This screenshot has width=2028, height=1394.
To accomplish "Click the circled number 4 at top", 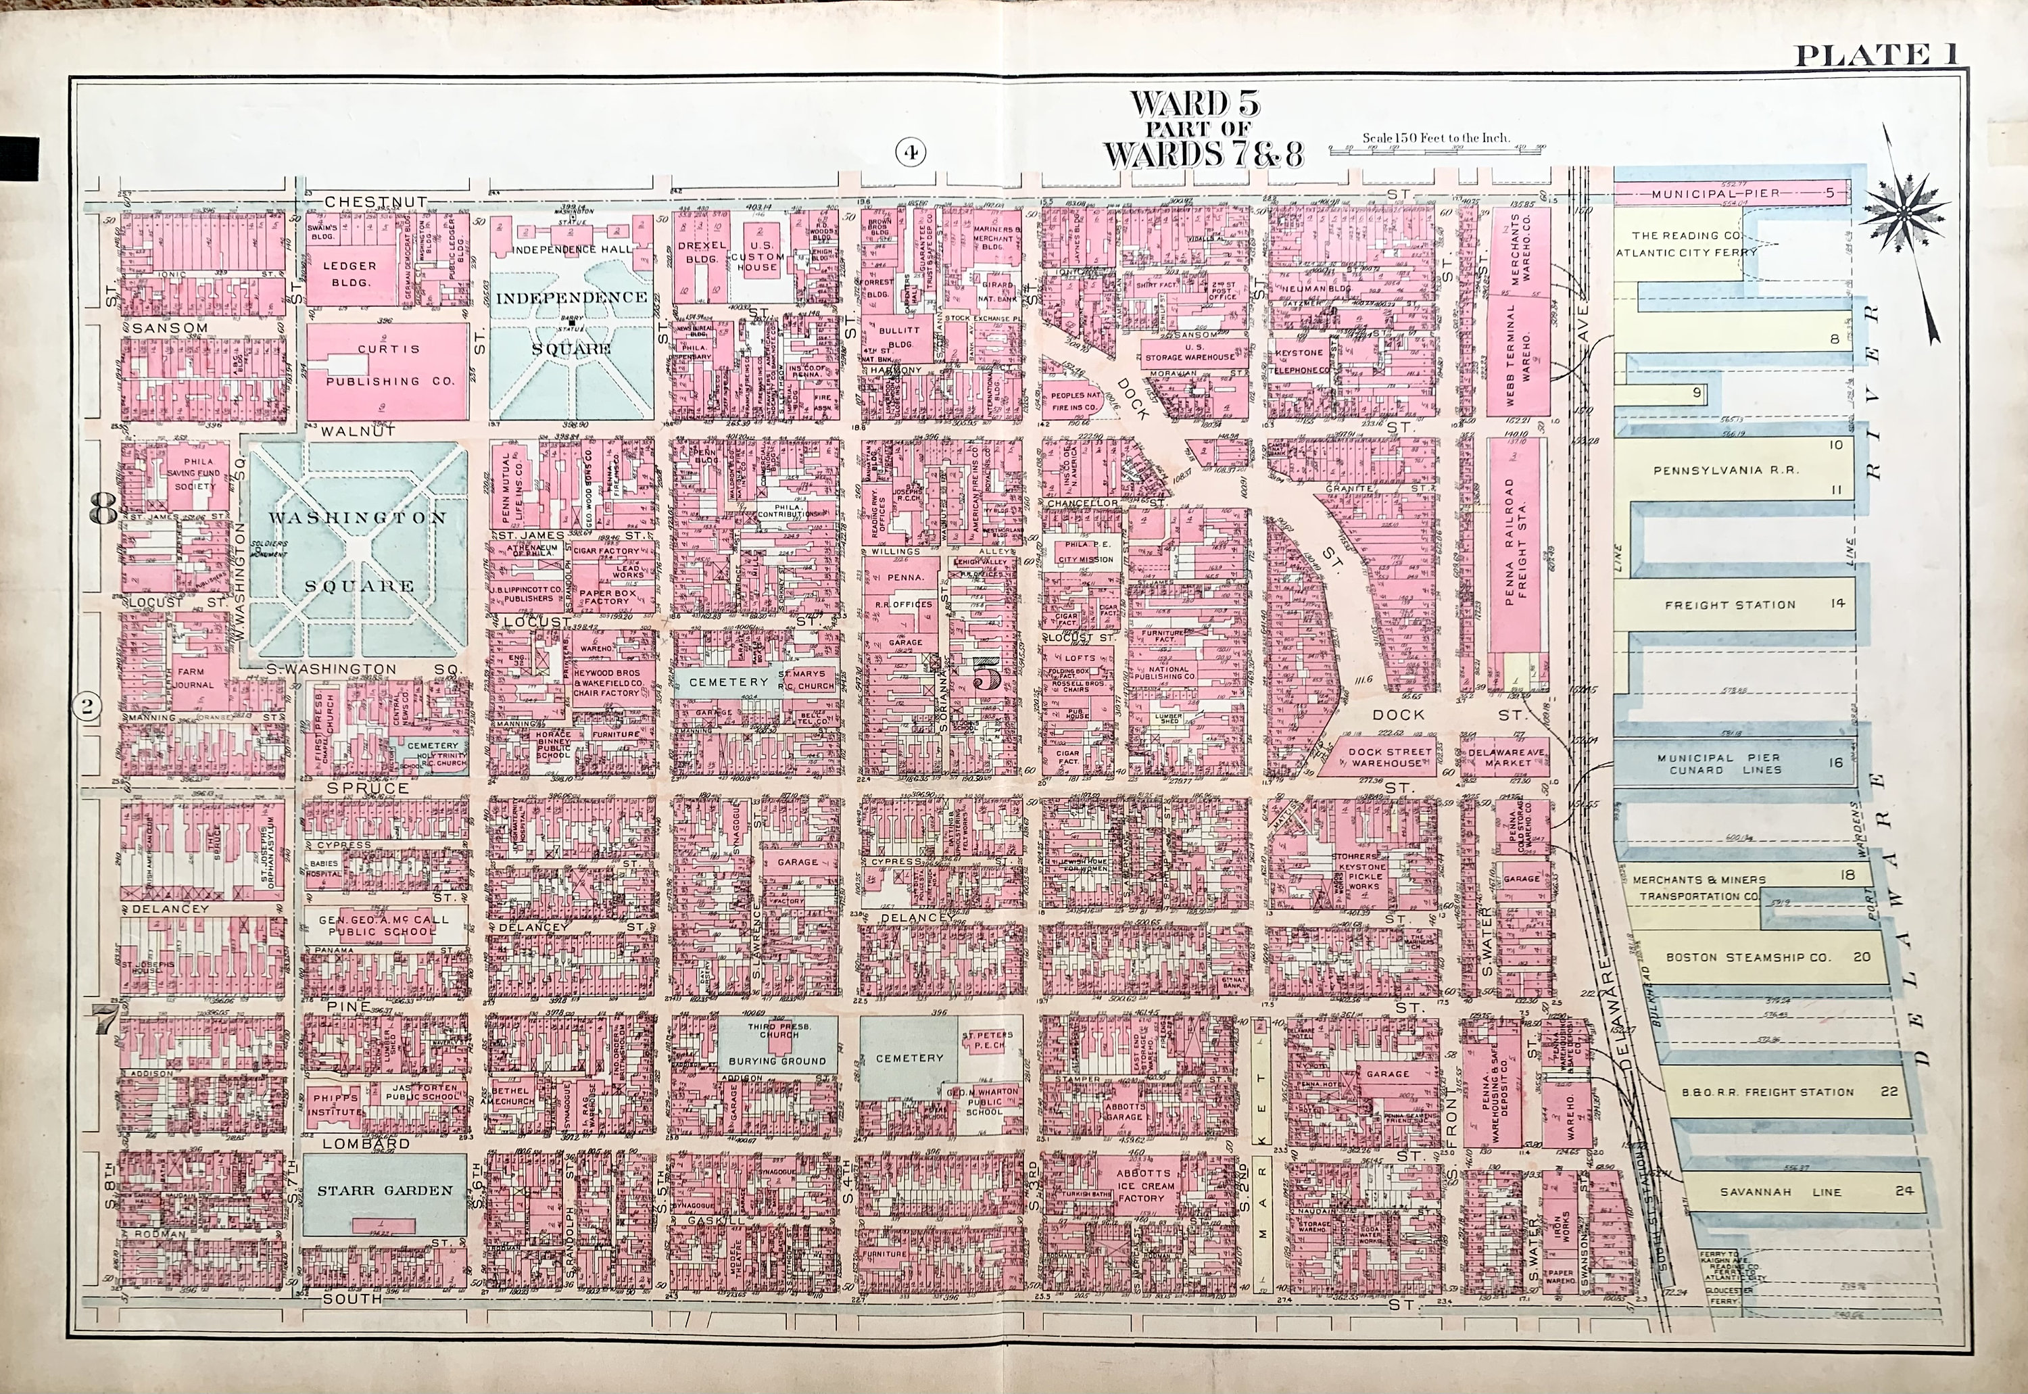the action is click(909, 153).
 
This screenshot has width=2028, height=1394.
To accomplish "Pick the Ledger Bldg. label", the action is click(349, 273).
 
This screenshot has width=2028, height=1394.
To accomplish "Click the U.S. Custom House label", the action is click(756, 257).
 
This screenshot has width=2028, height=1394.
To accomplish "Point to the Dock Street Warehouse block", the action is click(1391, 756).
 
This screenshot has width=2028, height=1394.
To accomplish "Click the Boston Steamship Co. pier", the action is click(1747, 957).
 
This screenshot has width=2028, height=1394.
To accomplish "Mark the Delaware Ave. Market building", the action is click(1508, 756).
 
